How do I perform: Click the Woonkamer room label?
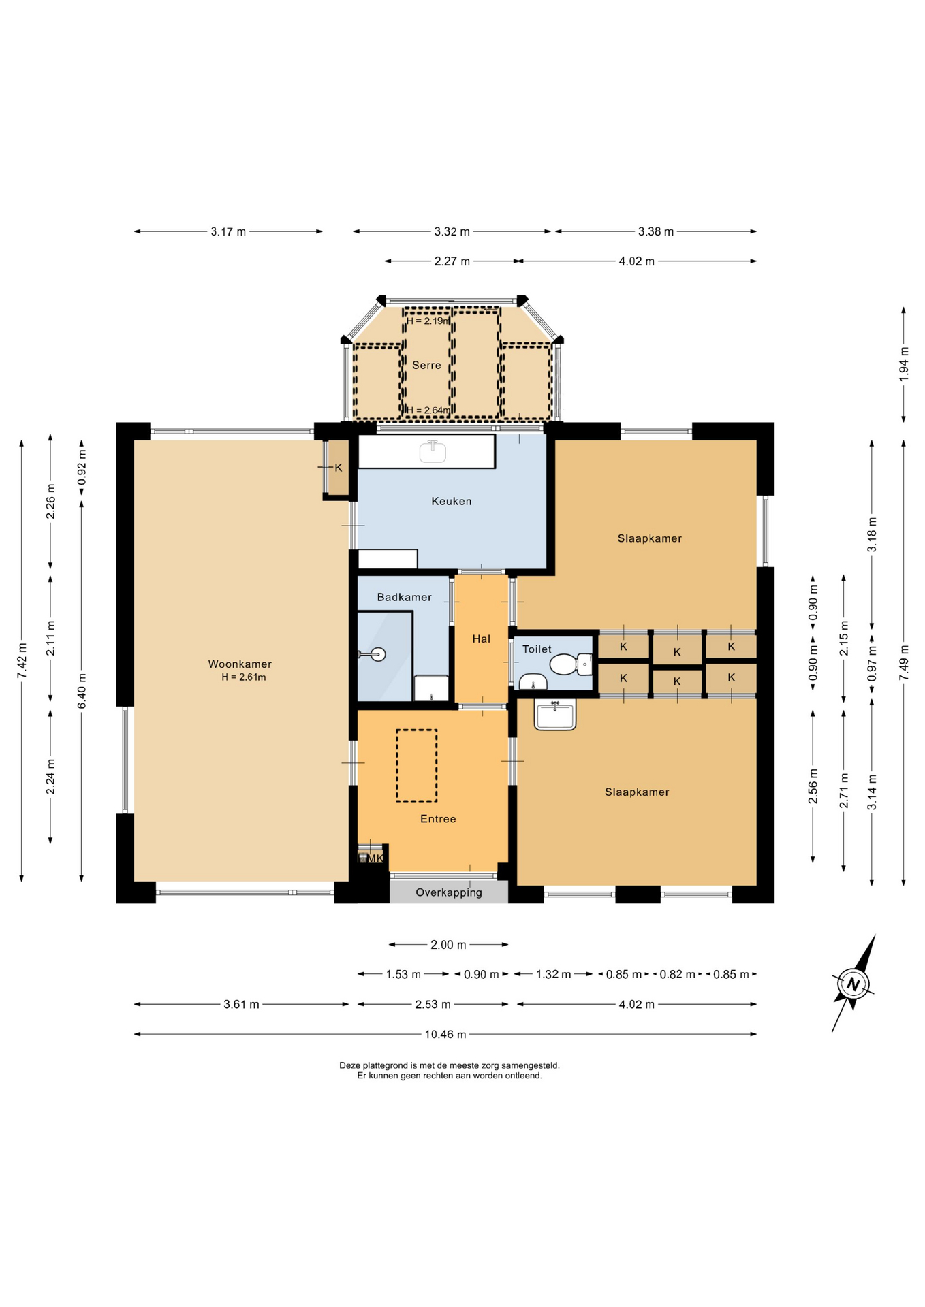(x=240, y=664)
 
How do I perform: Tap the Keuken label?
(x=451, y=501)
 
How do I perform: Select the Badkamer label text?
(x=404, y=597)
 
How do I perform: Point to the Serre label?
(x=426, y=365)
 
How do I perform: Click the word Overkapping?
(x=448, y=892)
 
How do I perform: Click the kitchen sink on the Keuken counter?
(x=433, y=451)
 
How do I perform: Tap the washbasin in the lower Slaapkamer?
(x=554, y=714)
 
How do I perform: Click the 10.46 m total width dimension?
(x=445, y=1034)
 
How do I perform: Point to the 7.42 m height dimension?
(x=22, y=660)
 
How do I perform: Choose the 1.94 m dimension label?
(x=904, y=364)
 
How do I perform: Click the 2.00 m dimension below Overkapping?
(x=448, y=944)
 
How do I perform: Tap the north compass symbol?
(x=853, y=983)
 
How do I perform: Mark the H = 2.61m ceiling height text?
(x=243, y=677)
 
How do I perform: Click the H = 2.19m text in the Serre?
(x=428, y=321)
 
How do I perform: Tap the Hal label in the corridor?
(x=481, y=639)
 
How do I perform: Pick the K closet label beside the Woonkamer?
(x=339, y=468)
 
